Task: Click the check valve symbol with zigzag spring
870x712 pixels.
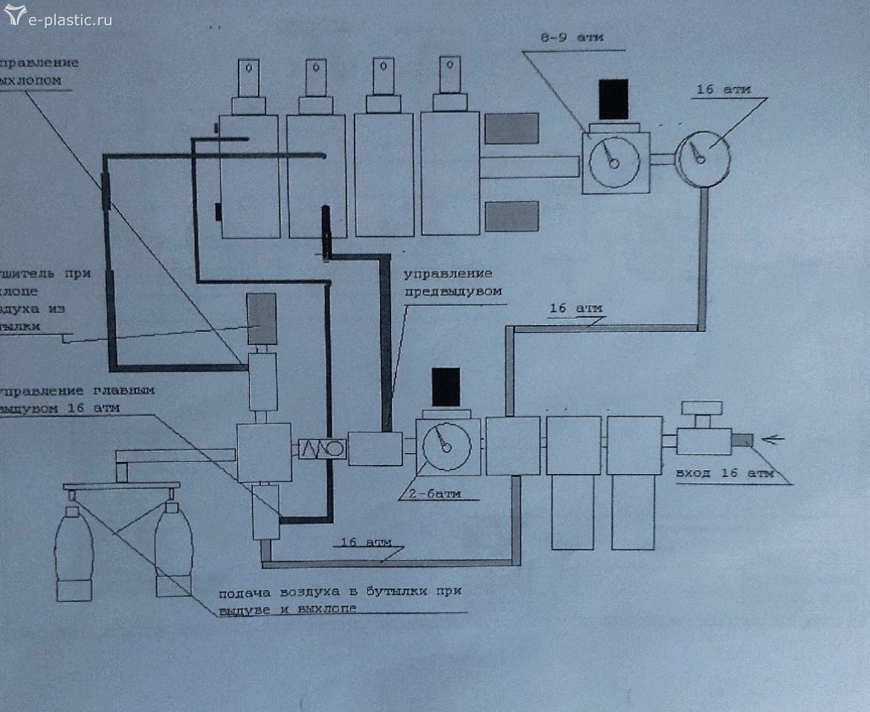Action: point(322,449)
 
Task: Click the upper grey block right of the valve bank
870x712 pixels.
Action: point(511,127)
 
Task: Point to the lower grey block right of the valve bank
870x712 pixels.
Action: point(511,216)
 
